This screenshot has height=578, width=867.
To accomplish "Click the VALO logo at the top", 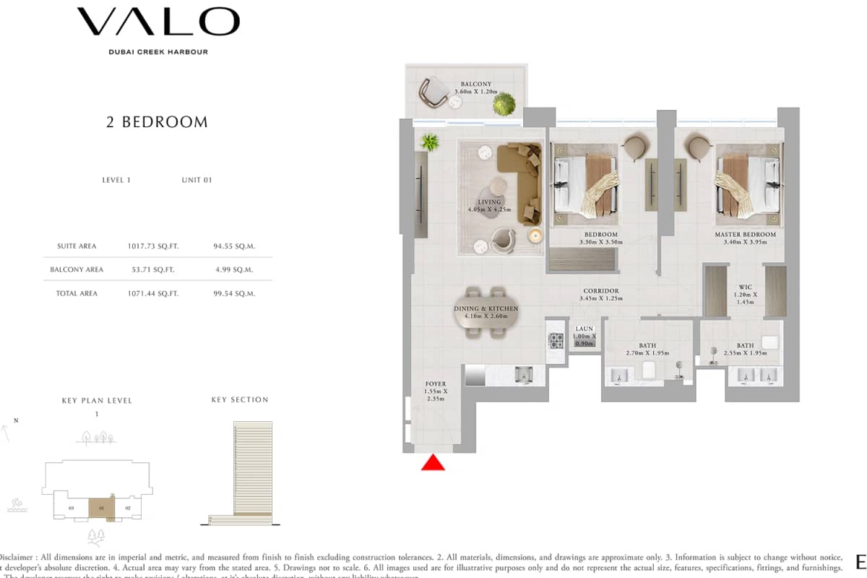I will (158, 22).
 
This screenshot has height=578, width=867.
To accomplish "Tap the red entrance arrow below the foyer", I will (433, 463).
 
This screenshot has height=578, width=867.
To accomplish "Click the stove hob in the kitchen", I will (556, 340).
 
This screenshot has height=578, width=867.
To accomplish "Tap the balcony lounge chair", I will (435, 90).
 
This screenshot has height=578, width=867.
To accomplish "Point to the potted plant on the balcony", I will (504, 105).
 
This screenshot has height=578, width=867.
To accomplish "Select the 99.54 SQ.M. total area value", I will (234, 293).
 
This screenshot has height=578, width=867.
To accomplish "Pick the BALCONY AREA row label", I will (77, 269).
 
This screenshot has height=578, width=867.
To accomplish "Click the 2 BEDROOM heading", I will (157, 122).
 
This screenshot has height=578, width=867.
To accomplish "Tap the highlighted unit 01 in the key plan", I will (101, 508).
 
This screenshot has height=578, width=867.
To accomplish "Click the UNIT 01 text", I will (197, 180).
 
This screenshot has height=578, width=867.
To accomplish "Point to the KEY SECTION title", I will (239, 400).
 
